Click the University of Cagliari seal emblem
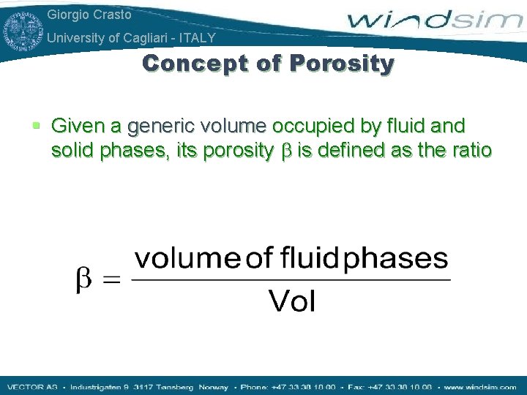(x=23, y=28)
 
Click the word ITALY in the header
(x=199, y=38)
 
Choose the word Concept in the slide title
(x=187, y=64)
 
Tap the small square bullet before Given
(x=37, y=127)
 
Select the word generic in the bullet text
(x=157, y=127)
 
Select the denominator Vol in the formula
(x=292, y=301)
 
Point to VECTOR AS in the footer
(x=31, y=386)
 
